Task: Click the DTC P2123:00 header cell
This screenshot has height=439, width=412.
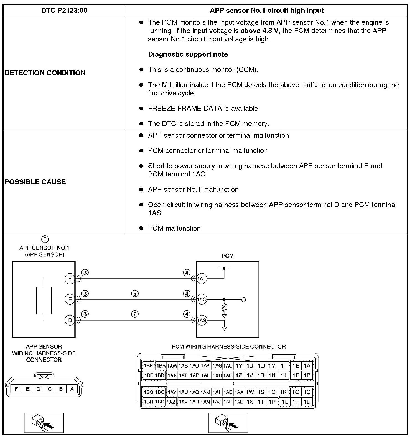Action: [x=64, y=11]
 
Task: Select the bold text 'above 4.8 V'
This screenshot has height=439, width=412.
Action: [x=259, y=31]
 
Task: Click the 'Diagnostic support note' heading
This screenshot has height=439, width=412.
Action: [x=188, y=54]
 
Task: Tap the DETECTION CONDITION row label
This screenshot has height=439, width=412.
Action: [x=45, y=73]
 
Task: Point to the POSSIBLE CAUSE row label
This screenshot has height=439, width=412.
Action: [x=35, y=182]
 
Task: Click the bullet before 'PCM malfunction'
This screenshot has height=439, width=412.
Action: [x=141, y=228]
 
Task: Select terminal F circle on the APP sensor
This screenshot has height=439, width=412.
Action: [x=70, y=279]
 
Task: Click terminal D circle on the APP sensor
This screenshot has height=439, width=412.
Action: [x=70, y=320]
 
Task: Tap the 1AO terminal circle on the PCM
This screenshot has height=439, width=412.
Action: [x=202, y=299]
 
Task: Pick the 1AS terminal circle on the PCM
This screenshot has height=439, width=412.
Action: [x=202, y=320]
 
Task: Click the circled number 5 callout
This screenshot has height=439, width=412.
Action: [x=135, y=294]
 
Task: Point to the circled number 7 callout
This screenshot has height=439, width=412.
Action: [x=135, y=314]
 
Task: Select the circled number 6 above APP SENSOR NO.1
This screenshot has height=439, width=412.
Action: [x=44, y=239]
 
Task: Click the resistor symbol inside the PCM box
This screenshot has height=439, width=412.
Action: [x=224, y=307]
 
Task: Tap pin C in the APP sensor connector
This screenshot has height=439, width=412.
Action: [x=50, y=389]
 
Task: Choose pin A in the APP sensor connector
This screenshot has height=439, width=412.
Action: [x=72, y=389]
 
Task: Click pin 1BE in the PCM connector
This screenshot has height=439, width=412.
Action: [x=148, y=366]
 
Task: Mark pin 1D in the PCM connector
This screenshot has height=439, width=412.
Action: [x=307, y=402]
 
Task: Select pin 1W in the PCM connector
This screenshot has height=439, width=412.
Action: [x=250, y=392]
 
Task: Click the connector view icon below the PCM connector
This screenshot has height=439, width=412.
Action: [x=228, y=423]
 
